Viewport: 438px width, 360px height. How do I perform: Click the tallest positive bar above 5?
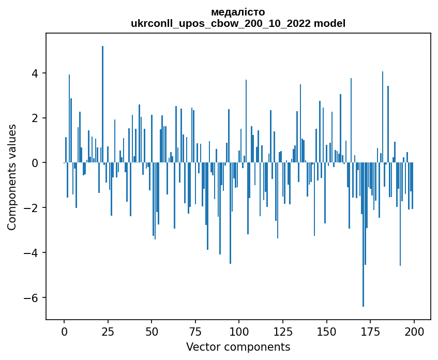[102, 103]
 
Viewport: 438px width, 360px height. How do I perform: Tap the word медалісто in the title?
[238, 12]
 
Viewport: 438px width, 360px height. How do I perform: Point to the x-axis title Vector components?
[238, 347]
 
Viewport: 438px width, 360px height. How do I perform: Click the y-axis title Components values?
[11, 177]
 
